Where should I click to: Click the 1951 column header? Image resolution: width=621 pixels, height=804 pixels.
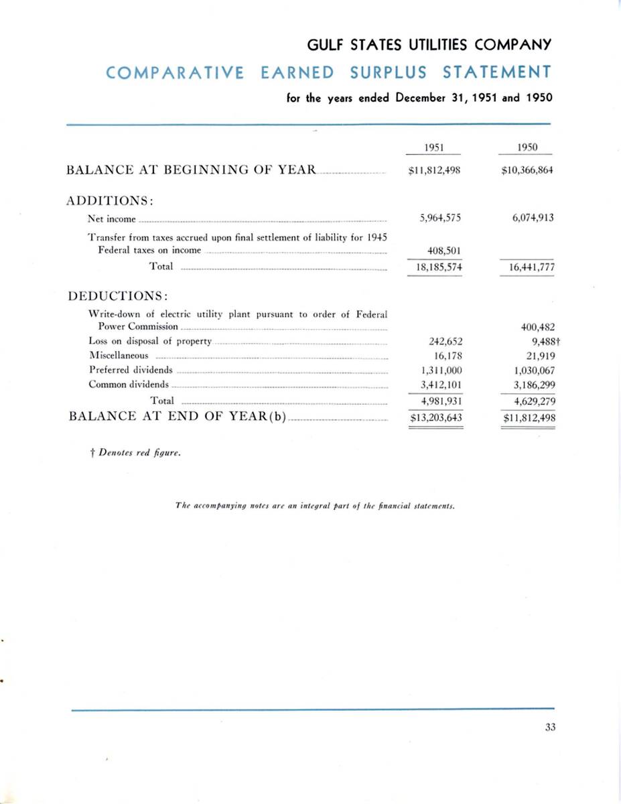pyautogui.click(x=435, y=148)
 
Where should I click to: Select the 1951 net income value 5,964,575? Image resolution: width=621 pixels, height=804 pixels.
pyautogui.click(x=435, y=218)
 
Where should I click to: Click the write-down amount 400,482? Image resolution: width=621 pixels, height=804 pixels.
pyautogui.click(x=537, y=327)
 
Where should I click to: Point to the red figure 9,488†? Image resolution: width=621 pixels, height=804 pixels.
pyautogui.click(x=541, y=341)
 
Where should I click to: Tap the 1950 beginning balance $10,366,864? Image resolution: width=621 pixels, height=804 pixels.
pyautogui.click(x=527, y=170)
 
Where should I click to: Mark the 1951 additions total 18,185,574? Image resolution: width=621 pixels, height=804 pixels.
pyautogui.click(x=435, y=267)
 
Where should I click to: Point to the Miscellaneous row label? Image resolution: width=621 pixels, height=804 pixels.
pyautogui.click(x=119, y=356)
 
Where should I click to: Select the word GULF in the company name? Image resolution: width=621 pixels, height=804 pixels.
pyautogui.click(x=324, y=45)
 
